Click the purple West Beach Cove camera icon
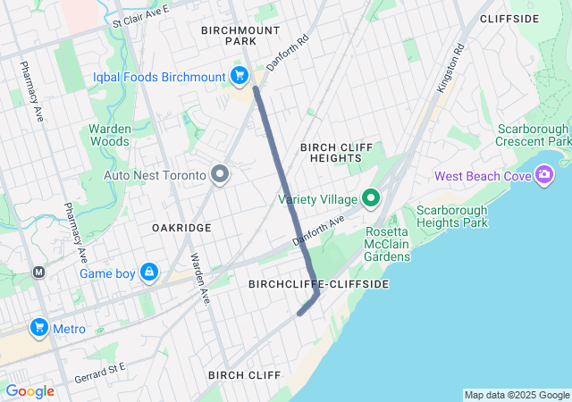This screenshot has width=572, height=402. (543, 175)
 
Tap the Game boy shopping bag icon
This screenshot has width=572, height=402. (148, 272)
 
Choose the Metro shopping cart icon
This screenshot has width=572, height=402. (38, 328)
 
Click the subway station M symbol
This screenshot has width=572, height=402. (38, 272)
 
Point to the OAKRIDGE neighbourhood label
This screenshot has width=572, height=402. (182, 228)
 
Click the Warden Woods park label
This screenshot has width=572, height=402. (110, 135)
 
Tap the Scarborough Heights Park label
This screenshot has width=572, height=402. (452, 215)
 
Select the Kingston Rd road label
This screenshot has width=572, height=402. (452, 71)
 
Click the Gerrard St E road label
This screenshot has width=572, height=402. (101, 367)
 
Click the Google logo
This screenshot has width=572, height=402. (29, 391)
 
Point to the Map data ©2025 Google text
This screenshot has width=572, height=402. (516, 395)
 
